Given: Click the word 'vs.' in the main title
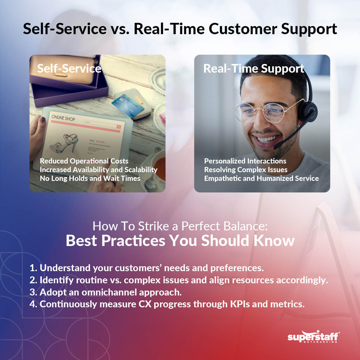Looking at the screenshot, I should coord(120,29).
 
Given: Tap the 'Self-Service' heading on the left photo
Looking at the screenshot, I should coord(69,69).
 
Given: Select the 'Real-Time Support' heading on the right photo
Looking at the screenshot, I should coord(254,69).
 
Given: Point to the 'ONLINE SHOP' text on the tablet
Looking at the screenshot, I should coord(63,118).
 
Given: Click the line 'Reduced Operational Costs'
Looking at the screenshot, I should coord(84,161).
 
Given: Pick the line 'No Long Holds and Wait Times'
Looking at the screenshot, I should coord(90,178).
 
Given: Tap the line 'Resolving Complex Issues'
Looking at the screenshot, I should coord(246,170).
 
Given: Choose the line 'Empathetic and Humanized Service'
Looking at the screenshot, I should coord(261,178).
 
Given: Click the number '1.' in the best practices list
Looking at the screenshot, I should coord(33,268).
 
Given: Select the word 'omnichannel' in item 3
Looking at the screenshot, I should coord(109,292).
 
